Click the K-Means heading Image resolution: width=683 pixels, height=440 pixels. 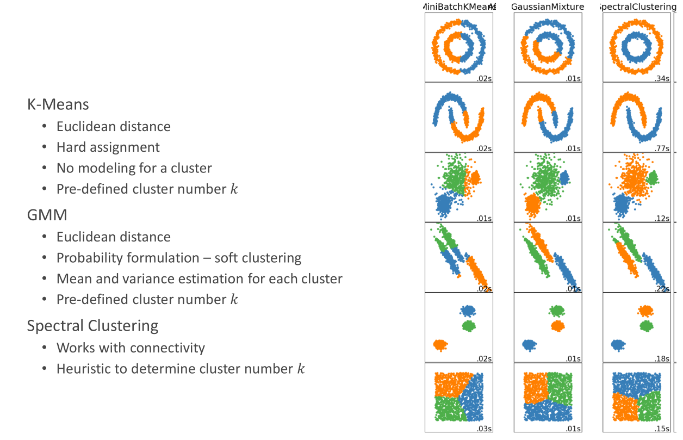58,104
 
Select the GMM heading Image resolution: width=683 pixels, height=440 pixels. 47,215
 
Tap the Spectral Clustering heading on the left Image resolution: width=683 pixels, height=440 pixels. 93,325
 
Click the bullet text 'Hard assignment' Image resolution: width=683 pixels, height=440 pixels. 108,147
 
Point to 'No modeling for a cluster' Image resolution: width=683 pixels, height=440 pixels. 134,168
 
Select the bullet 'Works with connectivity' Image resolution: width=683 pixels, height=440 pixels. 131,348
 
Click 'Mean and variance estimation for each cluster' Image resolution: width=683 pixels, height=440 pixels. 200,279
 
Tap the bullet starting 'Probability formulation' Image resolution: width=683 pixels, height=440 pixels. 179,258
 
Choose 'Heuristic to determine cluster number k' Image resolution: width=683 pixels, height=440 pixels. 181,369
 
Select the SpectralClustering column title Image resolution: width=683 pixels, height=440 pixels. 637,7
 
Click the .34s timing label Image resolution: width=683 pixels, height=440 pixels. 662,79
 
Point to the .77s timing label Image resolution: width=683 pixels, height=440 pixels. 662,148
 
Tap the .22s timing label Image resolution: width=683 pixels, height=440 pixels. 662,289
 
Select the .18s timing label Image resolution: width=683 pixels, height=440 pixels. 662,359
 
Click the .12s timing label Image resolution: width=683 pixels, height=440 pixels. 662,219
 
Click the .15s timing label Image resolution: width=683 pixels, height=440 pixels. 662,430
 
